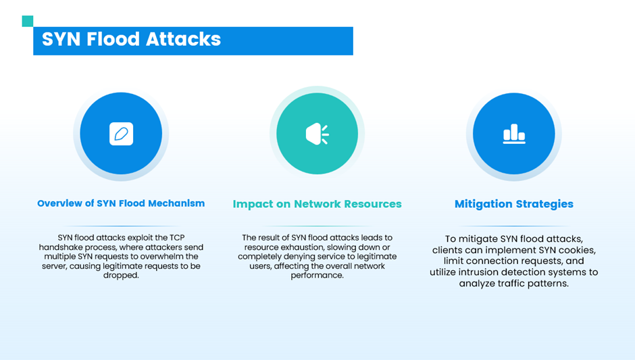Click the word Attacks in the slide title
click(183, 39)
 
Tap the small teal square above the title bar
click(28, 21)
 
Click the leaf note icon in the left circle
click(121, 134)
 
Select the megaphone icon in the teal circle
click(317, 134)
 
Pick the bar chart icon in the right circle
click(514, 134)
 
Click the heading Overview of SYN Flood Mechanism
click(121, 203)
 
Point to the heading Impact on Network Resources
click(317, 204)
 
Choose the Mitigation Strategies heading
click(514, 204)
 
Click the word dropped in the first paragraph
click(121, 276)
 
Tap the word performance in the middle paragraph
click(317, 276)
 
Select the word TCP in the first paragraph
click(177, 238)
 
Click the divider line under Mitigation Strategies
click(514, 226)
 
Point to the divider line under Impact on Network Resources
click(317, 226)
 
